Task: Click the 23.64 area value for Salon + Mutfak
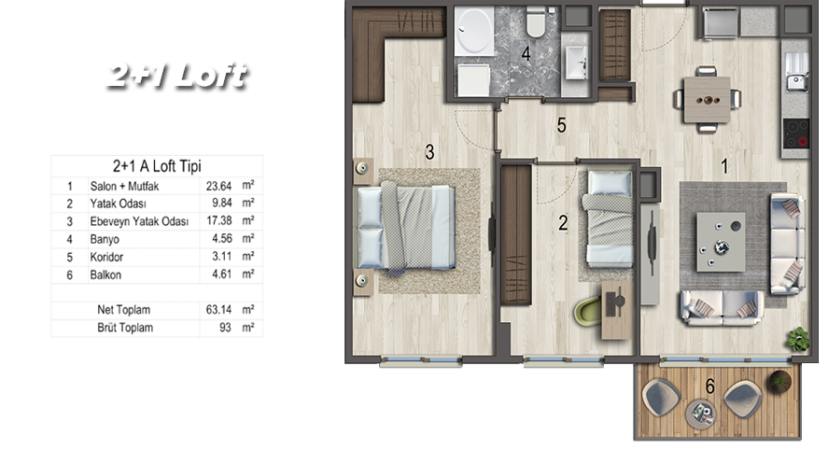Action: coord(218,186)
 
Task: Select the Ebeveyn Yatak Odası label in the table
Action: coord(139,221)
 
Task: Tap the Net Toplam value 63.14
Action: coord(218,310)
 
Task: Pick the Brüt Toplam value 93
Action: coord(226,328)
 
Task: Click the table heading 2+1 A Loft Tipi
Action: coord(157,166)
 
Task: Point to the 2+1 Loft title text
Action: coord(177,76)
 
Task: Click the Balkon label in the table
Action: coord(105,274)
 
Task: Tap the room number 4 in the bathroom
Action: coord(526,53)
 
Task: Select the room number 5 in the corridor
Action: coord(561,125)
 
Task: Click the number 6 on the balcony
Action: coord(710,387)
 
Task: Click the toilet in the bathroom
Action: coord(536,21)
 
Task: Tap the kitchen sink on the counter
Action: coord(796,73)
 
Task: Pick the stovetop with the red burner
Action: coord(795,134)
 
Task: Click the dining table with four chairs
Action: coord(707,99)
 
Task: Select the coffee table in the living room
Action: coord(721,242)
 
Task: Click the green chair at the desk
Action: coord(588,311)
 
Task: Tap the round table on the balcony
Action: coord(701,415)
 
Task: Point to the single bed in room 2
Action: coord(608,218)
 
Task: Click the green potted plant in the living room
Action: coord(797,339)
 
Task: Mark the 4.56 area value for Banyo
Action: coord(222,239)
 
